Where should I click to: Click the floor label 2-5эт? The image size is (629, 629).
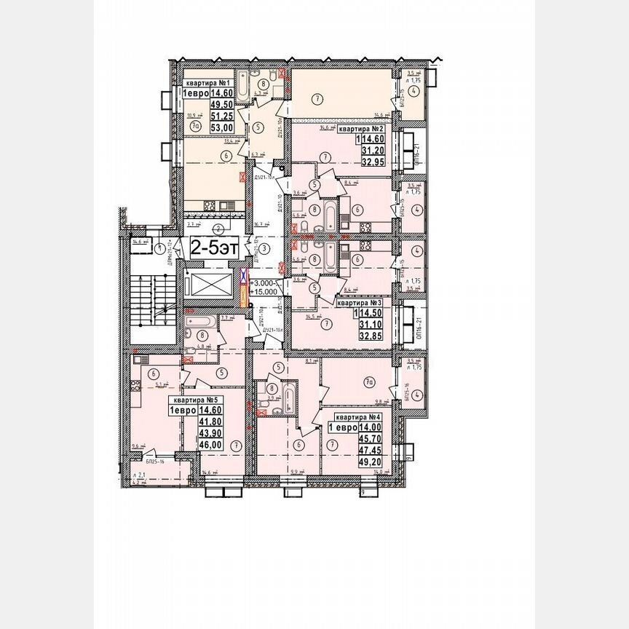coord(214,248)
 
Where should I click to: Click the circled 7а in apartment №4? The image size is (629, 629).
coord(370,379)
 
